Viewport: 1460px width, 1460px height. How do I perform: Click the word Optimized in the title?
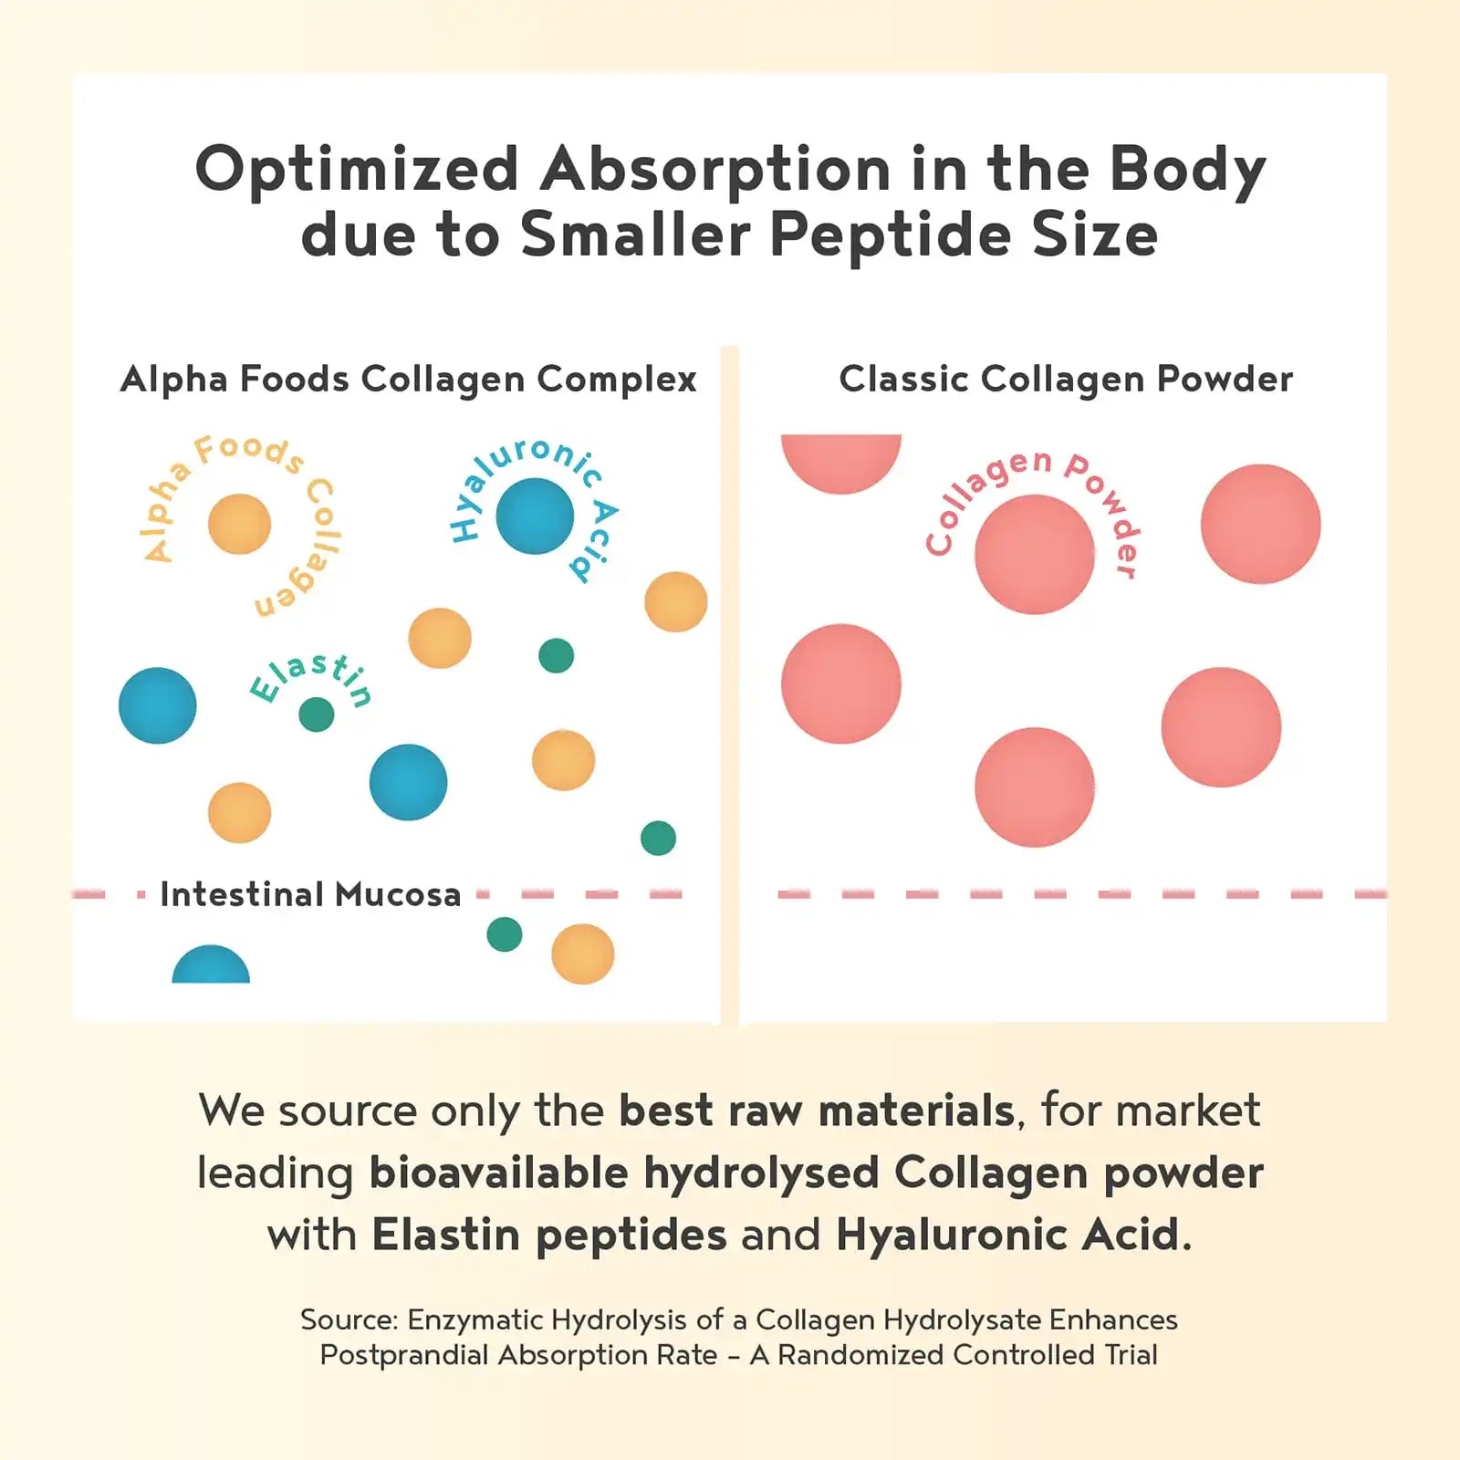pyautogui.click(x=357, y=171)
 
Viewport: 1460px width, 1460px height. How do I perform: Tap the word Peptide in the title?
pyautogui.click(x=890, y=236)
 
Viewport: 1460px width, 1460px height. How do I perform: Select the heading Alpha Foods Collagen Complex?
pyautogui.click(x=408, y=379)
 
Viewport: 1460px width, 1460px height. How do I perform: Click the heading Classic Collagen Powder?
pyautogui.click(x=1065, y=379)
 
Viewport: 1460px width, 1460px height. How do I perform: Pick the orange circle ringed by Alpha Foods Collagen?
pyautogui.click(x=239, y=524)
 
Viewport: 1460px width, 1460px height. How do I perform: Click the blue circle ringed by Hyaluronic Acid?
pyautogui.click(x=535, y=516)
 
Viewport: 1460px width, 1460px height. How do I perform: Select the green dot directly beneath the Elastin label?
pyautogui.click(x=317, y=714)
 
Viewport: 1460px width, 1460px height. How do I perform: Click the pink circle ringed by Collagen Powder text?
pyautogui.click(x=1034, y=554)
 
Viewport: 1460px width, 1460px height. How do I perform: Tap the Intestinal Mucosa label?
pyautogui.click(x=310, y=894)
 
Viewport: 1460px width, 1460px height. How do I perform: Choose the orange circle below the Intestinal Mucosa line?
pyautogui.click(x=582, y=954)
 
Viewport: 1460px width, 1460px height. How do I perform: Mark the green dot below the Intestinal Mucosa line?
pyautogui.click(x=505, y=933)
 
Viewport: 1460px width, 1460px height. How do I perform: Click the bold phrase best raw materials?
pyautogui.click(x=816, y=1111)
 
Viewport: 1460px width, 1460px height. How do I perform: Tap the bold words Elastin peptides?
pyautogui.click(x=548, y=1236)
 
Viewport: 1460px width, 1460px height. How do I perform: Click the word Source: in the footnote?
pyautogui.click(x=349, y=1320)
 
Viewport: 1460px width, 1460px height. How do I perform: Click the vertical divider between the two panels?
pyautogui.click(x=729, y=684)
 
